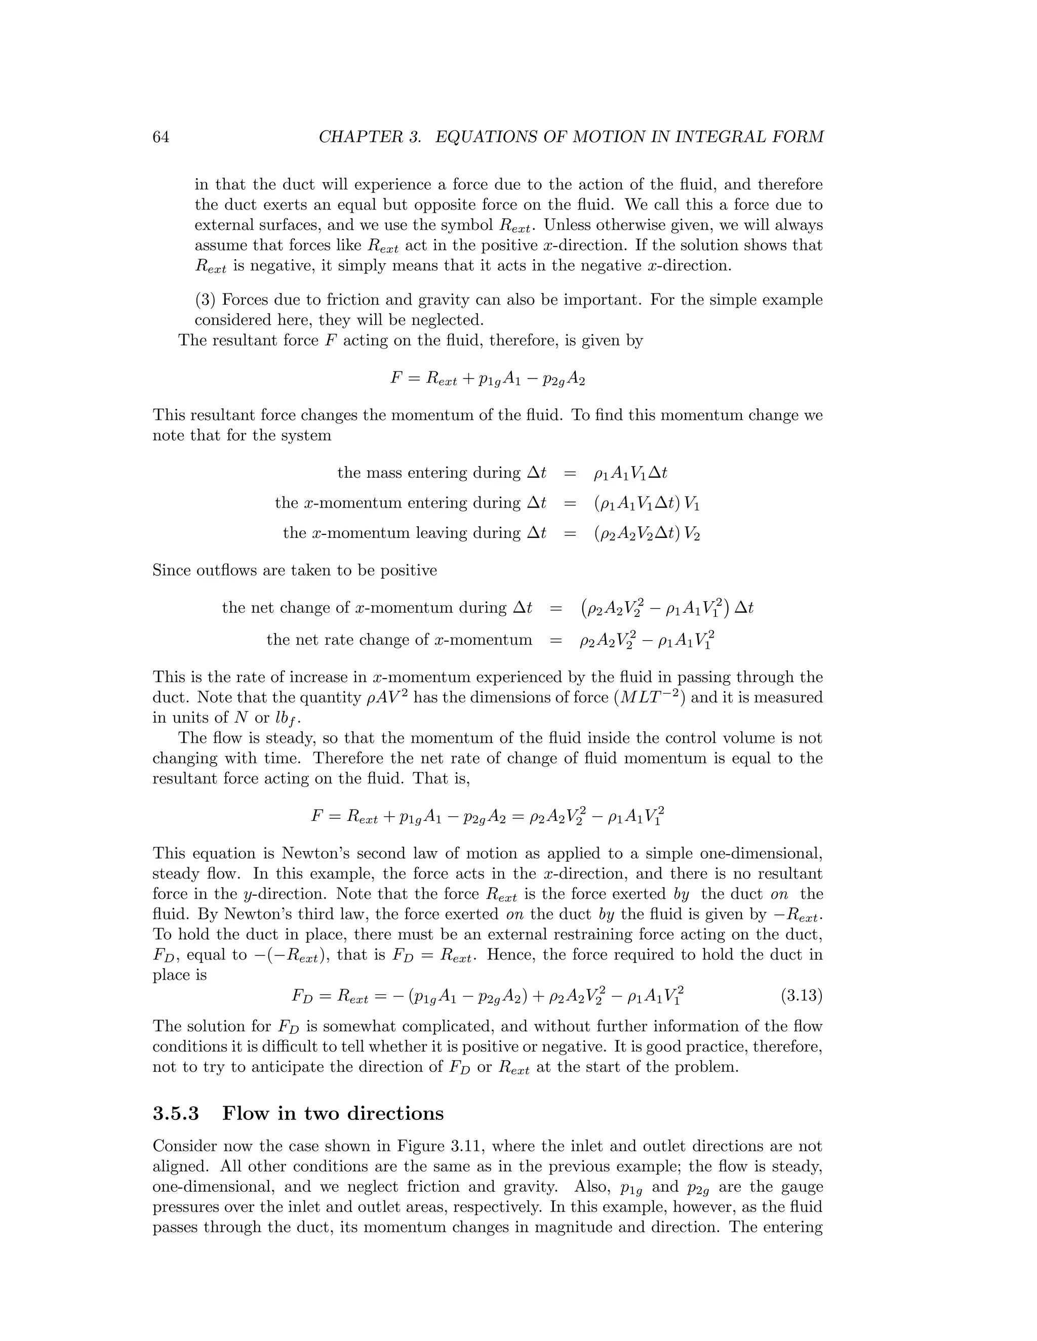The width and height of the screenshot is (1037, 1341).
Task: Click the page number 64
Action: (161, 137)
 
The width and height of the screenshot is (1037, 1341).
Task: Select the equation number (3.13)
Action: (801, 995)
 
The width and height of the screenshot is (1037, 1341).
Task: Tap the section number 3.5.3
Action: (176, 1113)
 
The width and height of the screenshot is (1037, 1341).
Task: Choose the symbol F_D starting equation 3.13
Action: (302, 996)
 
